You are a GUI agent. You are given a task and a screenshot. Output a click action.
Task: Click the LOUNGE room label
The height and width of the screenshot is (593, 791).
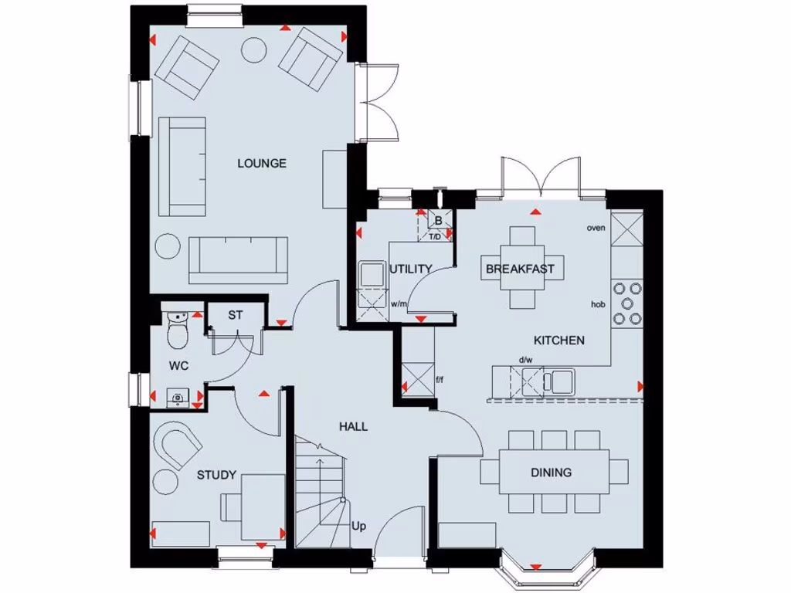(262, 163)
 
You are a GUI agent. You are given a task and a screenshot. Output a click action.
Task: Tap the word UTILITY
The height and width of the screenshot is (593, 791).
(410, 269)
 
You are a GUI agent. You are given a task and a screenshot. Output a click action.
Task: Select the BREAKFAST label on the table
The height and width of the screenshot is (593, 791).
(520, 269)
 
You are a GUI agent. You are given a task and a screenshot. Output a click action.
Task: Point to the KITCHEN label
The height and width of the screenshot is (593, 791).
(558, 340)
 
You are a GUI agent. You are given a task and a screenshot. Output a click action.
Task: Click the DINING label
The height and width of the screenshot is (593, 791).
(551, 473)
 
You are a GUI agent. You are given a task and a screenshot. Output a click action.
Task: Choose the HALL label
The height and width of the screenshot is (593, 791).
(353, 426)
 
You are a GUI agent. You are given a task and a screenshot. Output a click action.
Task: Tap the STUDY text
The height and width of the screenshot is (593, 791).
(216, 475)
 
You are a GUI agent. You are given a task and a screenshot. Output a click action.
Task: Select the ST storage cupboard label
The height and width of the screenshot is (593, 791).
(236, 315)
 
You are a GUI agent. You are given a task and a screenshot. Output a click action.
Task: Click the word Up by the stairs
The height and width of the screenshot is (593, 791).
(359, 527)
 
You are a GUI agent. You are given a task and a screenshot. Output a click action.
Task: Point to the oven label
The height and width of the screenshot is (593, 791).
(596, 228)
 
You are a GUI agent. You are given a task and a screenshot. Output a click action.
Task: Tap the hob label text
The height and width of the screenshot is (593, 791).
(597, 305)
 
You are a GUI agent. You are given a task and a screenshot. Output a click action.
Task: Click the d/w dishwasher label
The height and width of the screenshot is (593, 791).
(526, 360)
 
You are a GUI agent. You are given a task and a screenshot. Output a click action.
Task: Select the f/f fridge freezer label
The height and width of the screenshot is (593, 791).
(441, 380)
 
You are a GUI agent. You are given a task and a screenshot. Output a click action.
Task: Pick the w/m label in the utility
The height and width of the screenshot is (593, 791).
(399, 303)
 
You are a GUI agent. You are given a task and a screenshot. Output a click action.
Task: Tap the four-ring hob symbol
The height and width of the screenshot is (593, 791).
(626, 303)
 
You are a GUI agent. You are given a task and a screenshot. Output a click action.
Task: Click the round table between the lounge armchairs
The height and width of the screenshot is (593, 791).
(254, 50)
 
